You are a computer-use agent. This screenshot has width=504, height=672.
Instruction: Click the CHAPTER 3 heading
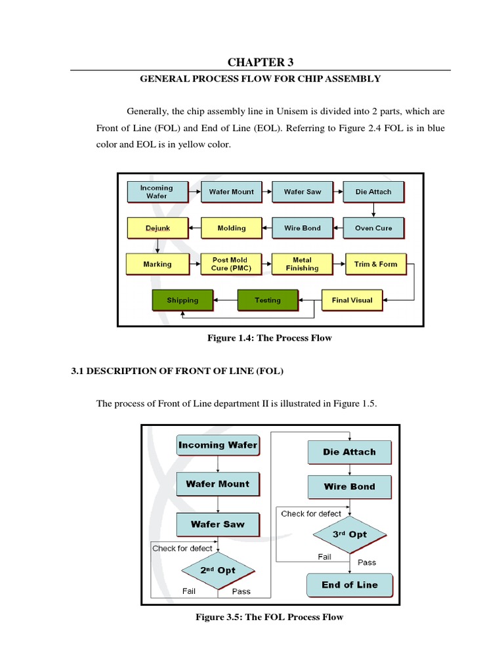coord(261,62)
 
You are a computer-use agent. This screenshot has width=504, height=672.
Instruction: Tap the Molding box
coord(231,228)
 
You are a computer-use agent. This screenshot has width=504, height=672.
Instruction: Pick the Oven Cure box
coord(373,228)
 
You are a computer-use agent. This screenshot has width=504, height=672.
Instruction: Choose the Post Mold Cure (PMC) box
coord(230,264)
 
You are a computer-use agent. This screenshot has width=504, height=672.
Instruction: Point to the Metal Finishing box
coord(302,264)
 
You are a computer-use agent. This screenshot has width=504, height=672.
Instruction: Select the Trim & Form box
coord(375,264)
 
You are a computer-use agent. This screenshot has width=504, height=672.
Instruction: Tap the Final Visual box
coord(352,300)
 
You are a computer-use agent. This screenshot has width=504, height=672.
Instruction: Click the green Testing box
coord(267,300)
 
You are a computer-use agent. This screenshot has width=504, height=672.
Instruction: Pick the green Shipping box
coord(182,300)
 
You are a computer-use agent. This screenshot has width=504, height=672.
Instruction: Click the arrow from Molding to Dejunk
coord(194,228)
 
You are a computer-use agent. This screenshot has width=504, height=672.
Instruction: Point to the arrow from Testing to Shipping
coord(225,300)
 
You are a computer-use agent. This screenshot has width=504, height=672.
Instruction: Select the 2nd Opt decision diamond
coord(217,570)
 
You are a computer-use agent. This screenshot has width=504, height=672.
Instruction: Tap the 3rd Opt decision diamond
coord(349,534)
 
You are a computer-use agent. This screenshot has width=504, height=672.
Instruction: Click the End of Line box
coord(349,585)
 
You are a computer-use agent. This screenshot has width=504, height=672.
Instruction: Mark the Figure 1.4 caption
coord(270,338)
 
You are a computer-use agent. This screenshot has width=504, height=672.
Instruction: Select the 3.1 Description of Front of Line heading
coord(177,371)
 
